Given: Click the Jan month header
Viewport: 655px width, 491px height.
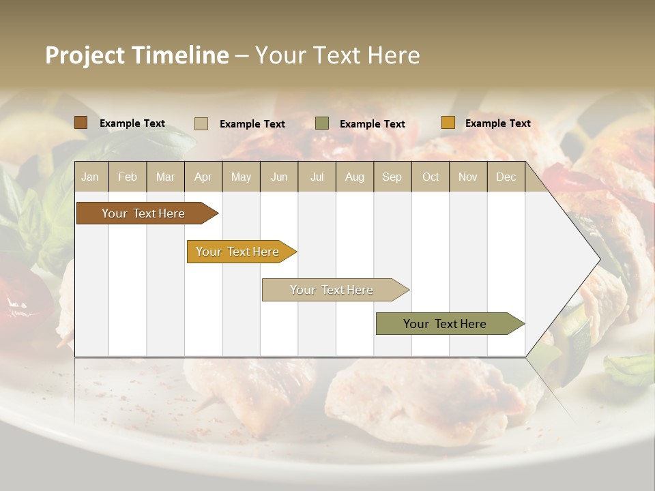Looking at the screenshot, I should click(x=90, y=177).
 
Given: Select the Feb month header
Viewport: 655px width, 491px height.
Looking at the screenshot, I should click(x=128, y=177).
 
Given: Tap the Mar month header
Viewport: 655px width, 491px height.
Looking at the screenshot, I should click(x=165, y=177).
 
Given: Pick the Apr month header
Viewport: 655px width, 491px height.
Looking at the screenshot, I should click(x=203, y=177).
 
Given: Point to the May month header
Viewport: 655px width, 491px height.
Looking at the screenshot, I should click(x=241, y=177).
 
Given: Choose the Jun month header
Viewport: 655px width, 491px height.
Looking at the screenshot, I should click(x=279, y=177).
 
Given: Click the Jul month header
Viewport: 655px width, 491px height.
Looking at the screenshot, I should click(x=317, y=177).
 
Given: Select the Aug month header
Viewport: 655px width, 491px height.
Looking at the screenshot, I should click(x=355, y=177).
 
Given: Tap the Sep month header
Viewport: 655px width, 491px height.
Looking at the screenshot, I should click(x=392, y=177).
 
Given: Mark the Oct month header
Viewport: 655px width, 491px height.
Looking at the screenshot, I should click(x=431, y=177).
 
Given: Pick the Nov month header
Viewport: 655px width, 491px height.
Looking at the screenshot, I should click(x=468, y=177).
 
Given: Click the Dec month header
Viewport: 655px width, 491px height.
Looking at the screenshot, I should click(x=506, y=177).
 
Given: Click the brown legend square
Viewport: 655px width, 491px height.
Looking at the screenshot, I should click(x=81, y=123).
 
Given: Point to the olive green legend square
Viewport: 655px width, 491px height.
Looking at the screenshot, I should click(x=322, y=123).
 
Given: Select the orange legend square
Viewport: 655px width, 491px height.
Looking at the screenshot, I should click(x=448, y=123).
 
